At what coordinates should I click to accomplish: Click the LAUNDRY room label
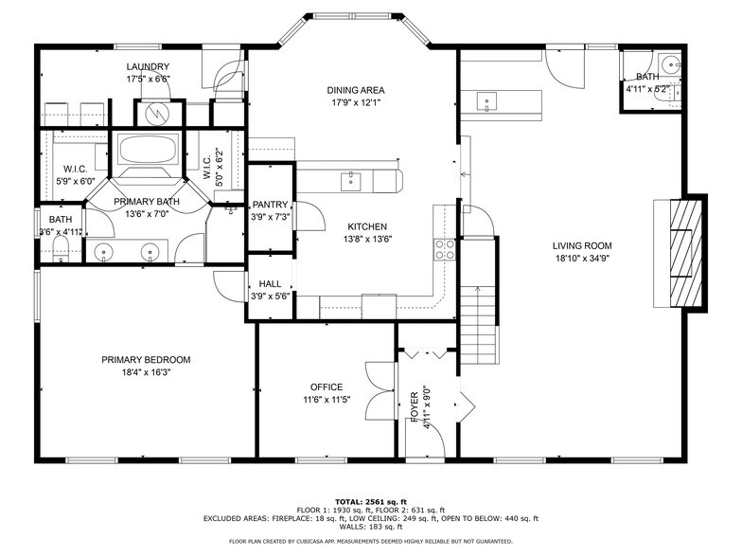(149, 66)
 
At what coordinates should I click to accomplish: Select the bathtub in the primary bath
(147, 150)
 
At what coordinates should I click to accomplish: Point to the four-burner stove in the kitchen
(444, 249)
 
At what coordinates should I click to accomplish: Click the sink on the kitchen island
(352, 178)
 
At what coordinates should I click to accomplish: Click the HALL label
(270, 283)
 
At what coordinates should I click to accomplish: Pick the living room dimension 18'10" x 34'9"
(582, 259)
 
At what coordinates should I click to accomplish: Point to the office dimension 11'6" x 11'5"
(327, 400)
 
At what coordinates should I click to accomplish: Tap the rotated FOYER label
(415, 405)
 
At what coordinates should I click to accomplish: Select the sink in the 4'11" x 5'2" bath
(670, 66)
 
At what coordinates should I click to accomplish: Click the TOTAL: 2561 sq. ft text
(370, 501)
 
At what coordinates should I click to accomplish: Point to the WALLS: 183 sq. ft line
(370, 527)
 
